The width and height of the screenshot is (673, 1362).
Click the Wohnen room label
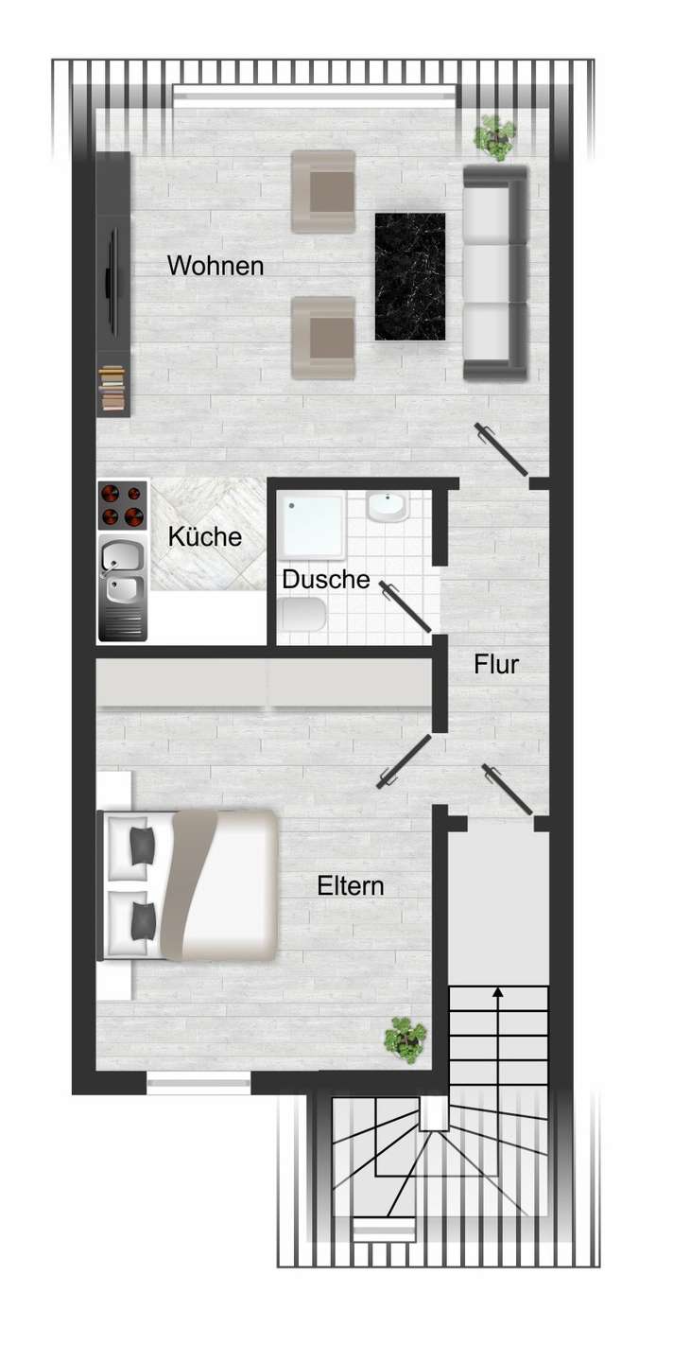tap(215, 267)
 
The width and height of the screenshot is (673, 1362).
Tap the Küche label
tap(205, 536)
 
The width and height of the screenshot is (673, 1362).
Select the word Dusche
tap(326, 579)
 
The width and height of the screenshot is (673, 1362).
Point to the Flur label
tap(496, 664)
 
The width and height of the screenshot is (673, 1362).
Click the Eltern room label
tap(351, 886)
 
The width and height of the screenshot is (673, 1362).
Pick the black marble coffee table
tap(410, 276)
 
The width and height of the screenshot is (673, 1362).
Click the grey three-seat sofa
tap(495, 273)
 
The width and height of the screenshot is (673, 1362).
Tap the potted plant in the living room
tap(495, 138)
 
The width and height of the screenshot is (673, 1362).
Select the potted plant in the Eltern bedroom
tap(406, 1040)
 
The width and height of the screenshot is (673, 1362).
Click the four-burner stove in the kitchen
tap(123, 505)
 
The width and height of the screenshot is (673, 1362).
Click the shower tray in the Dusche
tap(312, 527)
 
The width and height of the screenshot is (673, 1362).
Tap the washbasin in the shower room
tap(387, 507)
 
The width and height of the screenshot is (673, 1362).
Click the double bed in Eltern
tap(187, 885)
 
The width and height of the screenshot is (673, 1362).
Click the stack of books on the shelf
tap(112, 389)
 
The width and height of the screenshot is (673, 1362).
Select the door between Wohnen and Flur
tap(502, 448)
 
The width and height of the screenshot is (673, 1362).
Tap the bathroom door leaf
tap(406, 606)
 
